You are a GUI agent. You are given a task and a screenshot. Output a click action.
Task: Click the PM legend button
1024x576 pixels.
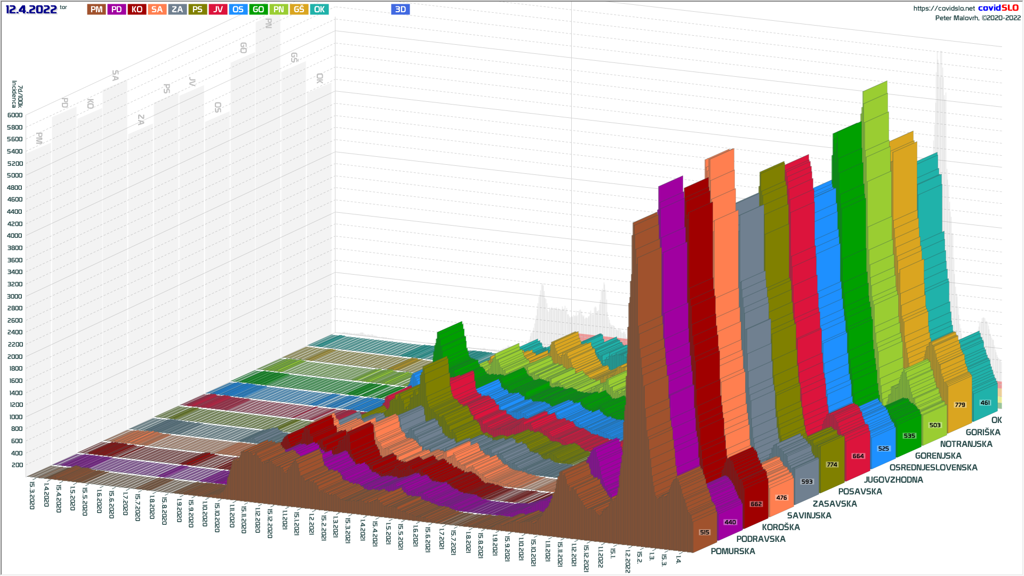coord(97,9)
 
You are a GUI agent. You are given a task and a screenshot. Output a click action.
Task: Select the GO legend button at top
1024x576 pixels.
coord(258,9)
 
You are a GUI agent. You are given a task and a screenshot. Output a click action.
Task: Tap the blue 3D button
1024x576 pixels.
coord(400,9)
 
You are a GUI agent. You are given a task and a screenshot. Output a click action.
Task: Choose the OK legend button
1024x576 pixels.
coord(319,9)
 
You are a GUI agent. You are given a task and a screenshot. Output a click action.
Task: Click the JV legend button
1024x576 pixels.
coord(218,9)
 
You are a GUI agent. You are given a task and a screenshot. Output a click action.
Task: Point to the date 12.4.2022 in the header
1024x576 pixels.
coord(31,9)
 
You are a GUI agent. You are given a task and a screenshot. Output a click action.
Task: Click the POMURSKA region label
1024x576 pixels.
coord(733,551)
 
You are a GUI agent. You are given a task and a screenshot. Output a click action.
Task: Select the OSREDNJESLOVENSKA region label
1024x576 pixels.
coord(933,467)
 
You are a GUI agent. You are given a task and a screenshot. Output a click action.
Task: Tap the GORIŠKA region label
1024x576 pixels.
coord(983,432)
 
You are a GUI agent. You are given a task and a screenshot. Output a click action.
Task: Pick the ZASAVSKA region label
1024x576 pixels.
coord(835,503)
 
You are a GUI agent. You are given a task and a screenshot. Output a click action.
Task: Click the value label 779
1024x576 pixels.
coord(960,405)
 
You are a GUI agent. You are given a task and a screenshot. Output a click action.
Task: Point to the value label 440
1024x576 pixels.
coord(730,522)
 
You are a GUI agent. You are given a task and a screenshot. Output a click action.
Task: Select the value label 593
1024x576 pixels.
coord(807,482)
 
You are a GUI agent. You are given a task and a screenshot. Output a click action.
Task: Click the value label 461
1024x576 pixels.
coord(985,403)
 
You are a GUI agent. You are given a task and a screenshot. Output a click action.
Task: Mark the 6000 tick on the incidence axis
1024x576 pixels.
coord(15,115)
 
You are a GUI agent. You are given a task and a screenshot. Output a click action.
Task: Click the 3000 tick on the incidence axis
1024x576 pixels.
coord(15,297)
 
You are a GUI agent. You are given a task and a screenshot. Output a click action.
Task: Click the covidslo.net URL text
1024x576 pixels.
coord(944,8)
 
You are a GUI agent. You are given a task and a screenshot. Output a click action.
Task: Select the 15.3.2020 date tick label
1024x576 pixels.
coord(32,495)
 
